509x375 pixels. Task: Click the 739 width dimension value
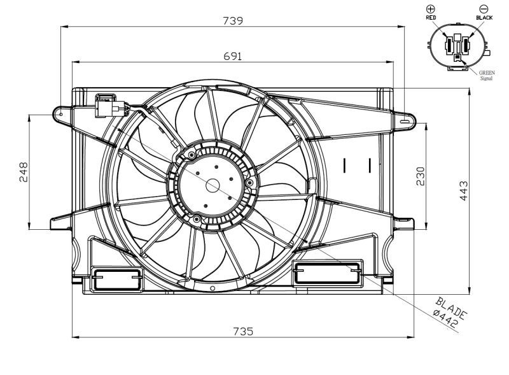[x=233, y=21]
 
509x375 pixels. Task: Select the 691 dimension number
[x=233, y=56]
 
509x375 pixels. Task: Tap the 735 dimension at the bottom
[x=243, y=332]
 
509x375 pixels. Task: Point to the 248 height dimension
[x=24, y=172]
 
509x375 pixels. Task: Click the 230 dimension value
[x=420, y=176]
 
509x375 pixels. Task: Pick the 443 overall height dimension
[x=464, y=191]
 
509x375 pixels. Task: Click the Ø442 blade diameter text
[x=445, y=318]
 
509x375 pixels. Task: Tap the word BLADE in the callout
[x=451, y=308]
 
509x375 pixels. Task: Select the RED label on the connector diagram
[x=431, y=18]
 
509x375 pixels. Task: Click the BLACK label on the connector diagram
[x=484, y=18]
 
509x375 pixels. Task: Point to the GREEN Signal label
[x=486, y=75]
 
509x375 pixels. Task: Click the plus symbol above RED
[x=431, y=9]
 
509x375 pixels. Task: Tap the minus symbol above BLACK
[x=484, y=9]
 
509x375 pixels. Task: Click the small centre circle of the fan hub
[x=213, y=186]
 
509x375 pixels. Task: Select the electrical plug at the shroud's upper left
[x=110, y=106]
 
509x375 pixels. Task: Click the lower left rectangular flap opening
[x=116, y=278]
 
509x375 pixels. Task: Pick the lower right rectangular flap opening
[x=328, y=272]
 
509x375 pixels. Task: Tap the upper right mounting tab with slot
[x=405, y=121]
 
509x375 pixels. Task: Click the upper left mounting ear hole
[x=61, y=114]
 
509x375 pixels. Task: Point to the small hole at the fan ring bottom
[x=213, y=288]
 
